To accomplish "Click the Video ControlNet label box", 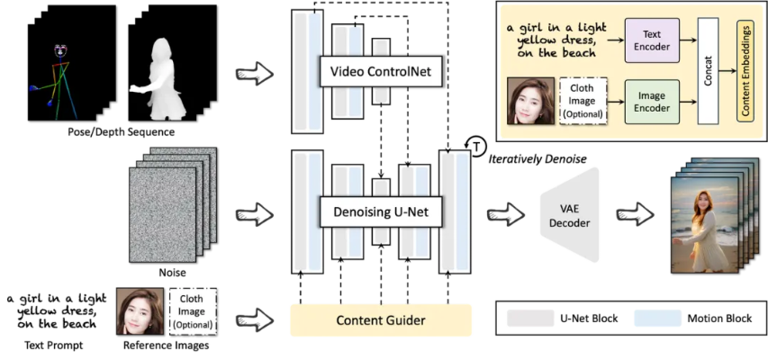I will (380, 70).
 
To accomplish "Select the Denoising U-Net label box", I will (379, 213).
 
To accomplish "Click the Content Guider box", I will (380, 320).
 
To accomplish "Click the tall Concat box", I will (709, 72).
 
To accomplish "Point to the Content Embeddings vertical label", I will (745, 73).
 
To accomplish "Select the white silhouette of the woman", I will (161, 81).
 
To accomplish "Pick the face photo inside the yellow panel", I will (531, 100).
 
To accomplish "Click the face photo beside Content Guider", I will (140, 310).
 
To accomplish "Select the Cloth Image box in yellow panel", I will (583, 100).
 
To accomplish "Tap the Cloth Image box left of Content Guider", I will (192, 310).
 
